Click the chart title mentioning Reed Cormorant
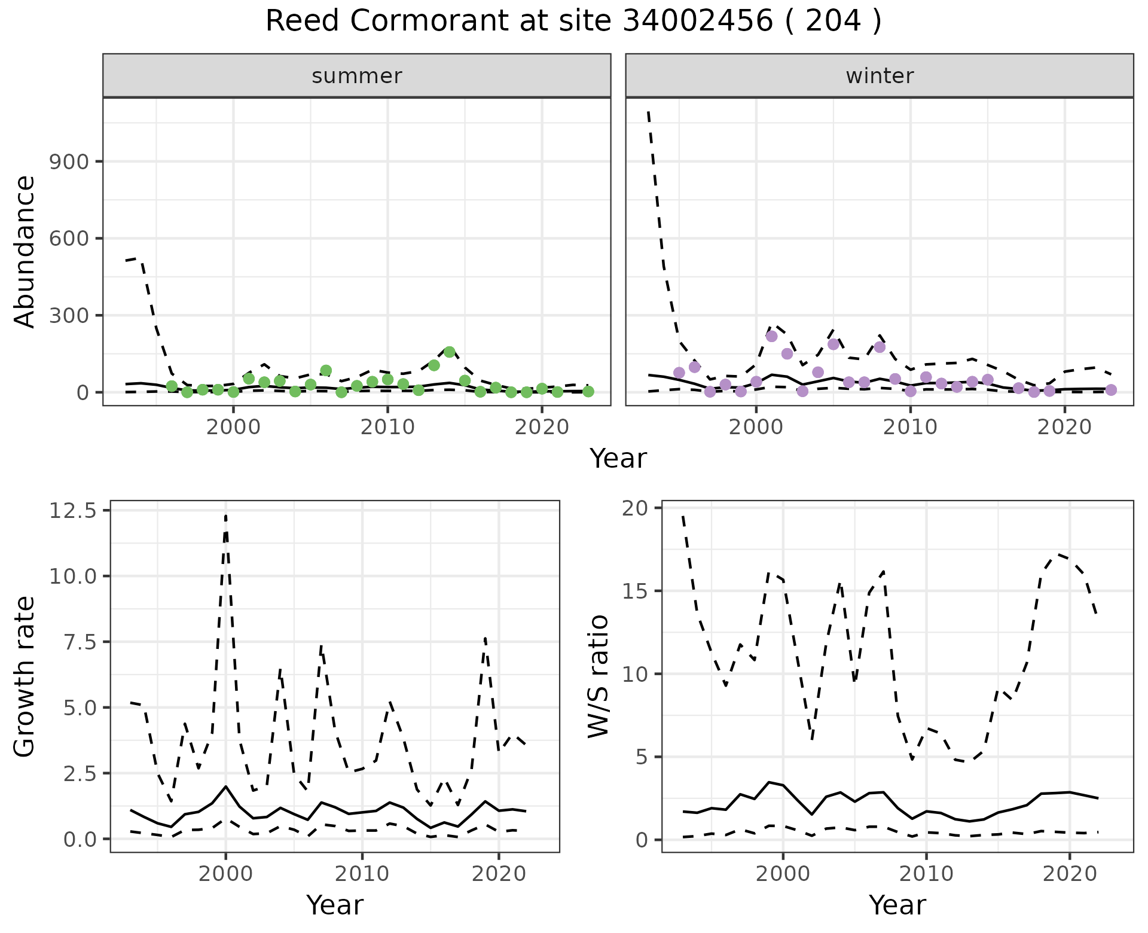click(x=573, y=22)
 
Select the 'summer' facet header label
click(x=357, y=76)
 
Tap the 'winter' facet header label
click(x=880, y=76)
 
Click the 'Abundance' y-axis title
click(x=25, y=251)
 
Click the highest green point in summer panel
click(x=450, y=352)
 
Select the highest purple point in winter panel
click(x=771, y=336)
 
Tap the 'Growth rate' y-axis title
click(x=25, y=677)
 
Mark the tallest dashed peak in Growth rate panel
click(x=225, y=515)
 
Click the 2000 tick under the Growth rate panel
click(x=225, y=873)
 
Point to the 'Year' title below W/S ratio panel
click(x=897, y=905)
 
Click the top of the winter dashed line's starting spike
click(x=649, y=112)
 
